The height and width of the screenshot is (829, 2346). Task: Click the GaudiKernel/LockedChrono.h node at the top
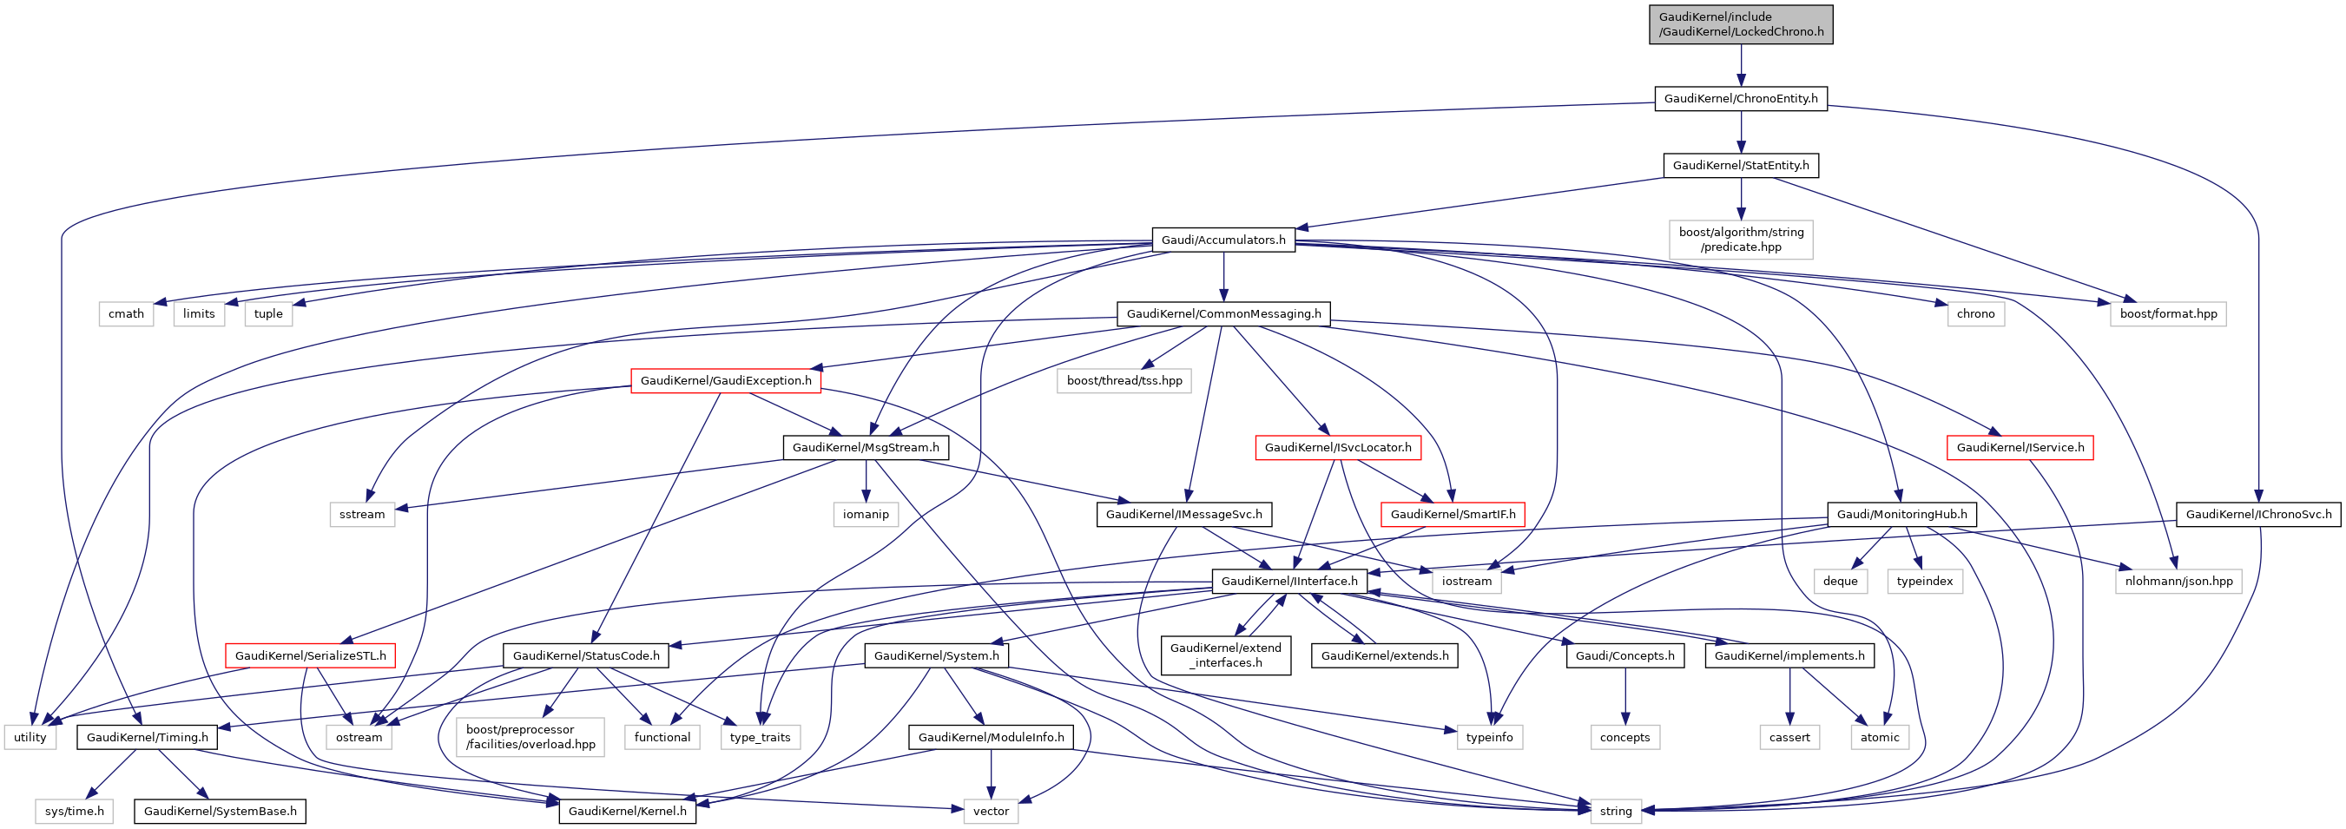coord(1740,24)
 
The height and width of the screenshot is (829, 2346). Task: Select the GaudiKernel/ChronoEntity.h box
coord(1740,98)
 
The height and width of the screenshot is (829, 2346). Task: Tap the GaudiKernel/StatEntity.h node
coord(1740,166)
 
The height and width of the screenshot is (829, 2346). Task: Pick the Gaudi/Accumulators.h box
coord(1223,240)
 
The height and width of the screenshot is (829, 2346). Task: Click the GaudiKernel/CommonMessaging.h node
coord(1223,314)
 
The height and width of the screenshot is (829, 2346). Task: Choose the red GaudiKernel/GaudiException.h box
coord(726,381)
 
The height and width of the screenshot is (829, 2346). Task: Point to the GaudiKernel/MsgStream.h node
coord(865,447)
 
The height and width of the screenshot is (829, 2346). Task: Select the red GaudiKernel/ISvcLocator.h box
coord(1338,447)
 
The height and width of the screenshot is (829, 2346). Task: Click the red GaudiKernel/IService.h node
coord(2020,447)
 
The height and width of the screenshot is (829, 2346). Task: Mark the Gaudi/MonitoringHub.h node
coord(1901,515)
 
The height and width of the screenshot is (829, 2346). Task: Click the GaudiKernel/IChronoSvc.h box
coord(2258,515)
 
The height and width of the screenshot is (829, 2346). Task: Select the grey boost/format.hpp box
coord(2168,314)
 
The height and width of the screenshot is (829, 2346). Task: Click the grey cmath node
coord(126,314)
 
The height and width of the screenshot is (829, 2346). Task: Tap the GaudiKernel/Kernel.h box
coord(628,811)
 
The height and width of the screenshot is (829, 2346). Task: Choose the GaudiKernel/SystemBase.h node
coord(221,811)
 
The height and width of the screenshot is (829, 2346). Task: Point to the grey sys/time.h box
coord(75,811)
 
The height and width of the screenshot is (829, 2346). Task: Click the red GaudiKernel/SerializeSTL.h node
coord(311,656)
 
